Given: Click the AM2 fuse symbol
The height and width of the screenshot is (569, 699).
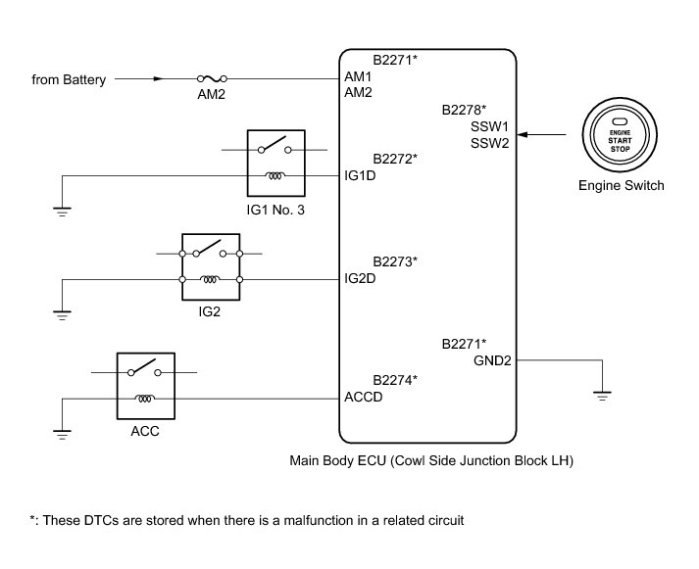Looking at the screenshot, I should (x=213, y=77).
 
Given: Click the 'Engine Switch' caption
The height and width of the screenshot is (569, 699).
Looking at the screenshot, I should (x=621, y=185).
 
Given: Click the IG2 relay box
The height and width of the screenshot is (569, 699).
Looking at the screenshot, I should (x=211, y=267).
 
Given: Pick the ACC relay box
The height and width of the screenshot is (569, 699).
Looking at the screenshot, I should (x=145, y=385).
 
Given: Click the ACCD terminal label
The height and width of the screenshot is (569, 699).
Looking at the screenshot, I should (x=364, y=398).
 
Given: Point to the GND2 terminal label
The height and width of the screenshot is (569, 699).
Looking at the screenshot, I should (x=492, y=360).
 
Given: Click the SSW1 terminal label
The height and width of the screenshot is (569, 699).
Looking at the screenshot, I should (x=489, y=126).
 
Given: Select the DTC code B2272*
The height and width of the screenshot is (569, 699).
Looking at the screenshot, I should (x=395, y=158).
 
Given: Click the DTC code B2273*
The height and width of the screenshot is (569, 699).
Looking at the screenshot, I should (x=395, y=261).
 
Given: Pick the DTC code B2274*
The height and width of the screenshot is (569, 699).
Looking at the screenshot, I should (x=395, y=379).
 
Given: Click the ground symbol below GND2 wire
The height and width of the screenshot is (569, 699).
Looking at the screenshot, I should (x=601, y=396).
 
